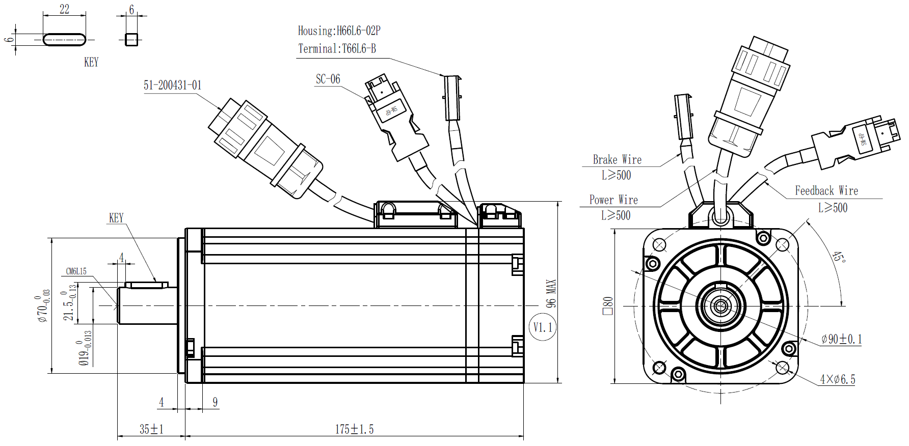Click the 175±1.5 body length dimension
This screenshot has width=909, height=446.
354,429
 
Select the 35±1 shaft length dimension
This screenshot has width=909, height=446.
151,429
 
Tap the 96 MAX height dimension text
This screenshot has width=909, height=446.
551,293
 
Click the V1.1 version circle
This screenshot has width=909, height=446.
543,327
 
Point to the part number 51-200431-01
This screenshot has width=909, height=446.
172,85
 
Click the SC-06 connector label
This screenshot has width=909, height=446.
328,79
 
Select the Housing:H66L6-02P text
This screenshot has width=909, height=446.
339,31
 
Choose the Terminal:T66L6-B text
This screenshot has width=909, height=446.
337,49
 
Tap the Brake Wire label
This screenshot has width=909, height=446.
617,160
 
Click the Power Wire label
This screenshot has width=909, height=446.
613,200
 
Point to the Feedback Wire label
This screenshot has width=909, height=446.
826,191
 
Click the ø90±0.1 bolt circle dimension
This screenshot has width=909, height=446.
841,339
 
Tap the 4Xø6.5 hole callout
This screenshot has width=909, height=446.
837,379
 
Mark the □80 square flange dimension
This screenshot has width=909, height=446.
608,305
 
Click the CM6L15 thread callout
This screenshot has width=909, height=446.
76,271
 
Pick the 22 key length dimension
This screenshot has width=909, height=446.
64,9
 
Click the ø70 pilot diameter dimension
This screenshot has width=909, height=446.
43,305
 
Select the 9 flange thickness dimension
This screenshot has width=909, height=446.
215,402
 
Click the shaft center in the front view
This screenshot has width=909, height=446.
720,306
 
